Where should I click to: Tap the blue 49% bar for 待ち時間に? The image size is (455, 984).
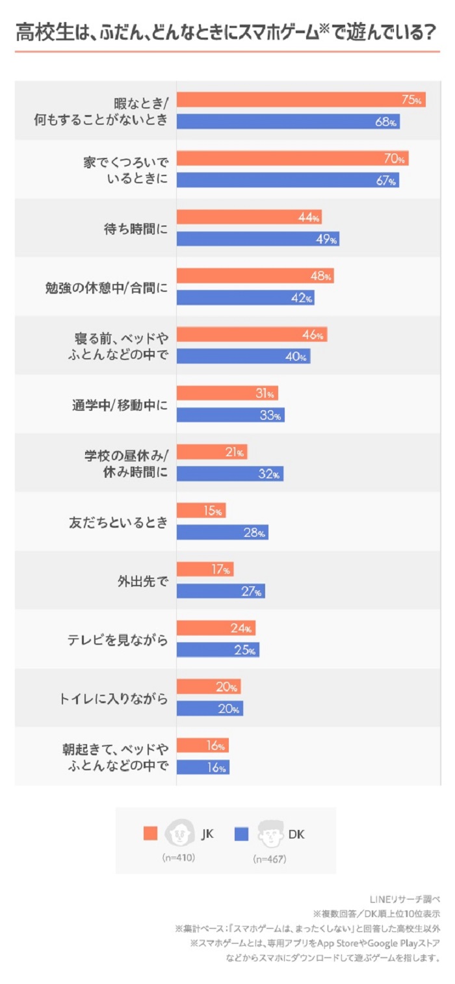click(x=257, y=239)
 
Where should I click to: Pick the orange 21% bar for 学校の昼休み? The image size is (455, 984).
click(x=211, y=452)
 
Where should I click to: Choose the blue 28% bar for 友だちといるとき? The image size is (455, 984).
click(x=222, y=532)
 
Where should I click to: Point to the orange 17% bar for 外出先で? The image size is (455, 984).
click(x=205, y=569)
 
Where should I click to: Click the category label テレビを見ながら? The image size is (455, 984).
click(x=118, y=640)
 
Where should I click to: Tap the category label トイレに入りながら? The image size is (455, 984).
click(x=113, y=699)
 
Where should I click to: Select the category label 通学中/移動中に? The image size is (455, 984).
click(x=120, y=404)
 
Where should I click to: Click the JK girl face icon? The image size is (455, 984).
click(x=179, y=833)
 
